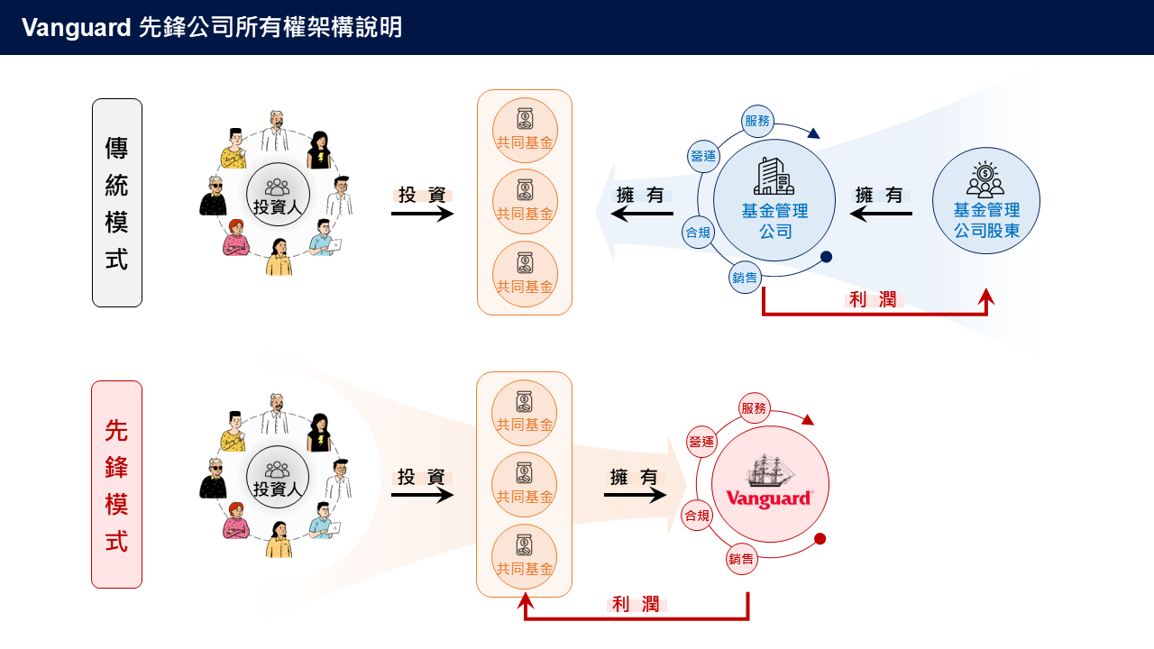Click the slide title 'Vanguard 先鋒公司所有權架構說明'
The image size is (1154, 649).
point(212,27)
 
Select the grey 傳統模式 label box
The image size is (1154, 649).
point(117,203)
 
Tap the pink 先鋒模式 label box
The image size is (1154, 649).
point(116,484)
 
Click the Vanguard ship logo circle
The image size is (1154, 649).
point(770,485)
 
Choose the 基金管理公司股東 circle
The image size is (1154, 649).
point(985,200)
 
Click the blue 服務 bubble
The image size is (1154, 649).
point(757,121)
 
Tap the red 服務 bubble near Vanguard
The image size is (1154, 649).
point(754,408)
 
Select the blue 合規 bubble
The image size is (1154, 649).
point(698,231)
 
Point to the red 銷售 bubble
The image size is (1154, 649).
point(742,559)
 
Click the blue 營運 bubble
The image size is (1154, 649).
point(702,156)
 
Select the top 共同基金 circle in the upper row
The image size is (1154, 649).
point(525,131)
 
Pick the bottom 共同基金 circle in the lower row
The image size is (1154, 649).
point(525,556)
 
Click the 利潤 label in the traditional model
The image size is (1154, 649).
point(875,300)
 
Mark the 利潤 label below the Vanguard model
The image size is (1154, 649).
point(636,605)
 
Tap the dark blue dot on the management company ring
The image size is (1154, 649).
point(826,257)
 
